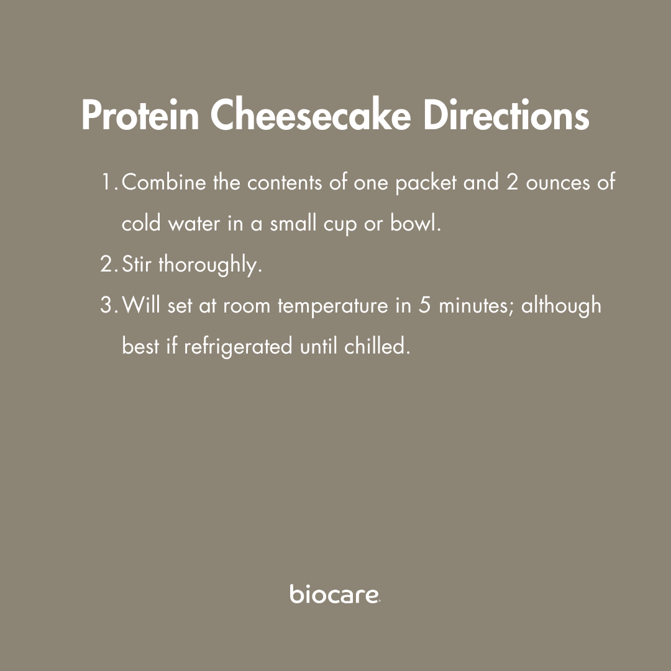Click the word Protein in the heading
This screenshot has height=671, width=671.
coord(140,115)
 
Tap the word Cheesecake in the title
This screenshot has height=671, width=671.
coord(311,115)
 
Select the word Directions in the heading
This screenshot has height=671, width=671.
coord(506,115)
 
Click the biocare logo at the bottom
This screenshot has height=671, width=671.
coord(335,593)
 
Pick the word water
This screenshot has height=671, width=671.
coord(194,224)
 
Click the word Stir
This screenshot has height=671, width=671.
coord(137,263)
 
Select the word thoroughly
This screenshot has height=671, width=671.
coord(210,265)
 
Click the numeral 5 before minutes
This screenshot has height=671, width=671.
coord(424,304)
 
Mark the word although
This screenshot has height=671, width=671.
coord(561,306)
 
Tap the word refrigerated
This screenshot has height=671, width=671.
coord(239,347)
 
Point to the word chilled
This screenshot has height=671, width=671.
coord(377,345)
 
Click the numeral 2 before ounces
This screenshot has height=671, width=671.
coord(512,182)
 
